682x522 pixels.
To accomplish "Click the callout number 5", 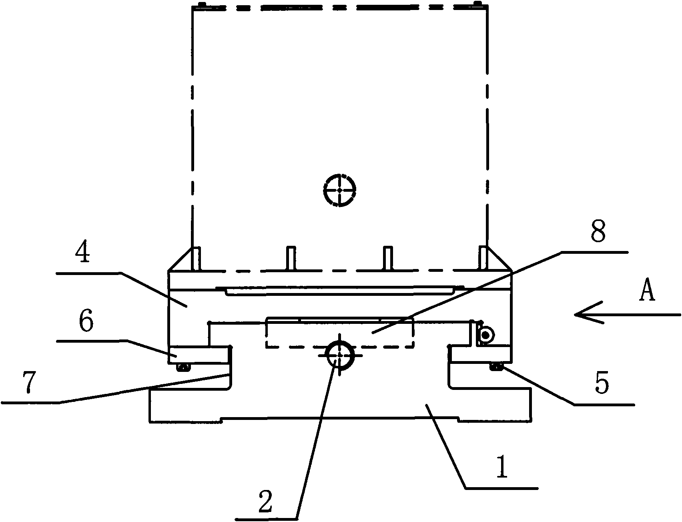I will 602,383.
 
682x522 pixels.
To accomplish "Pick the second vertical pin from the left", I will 291,259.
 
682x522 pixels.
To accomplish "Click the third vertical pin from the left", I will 387,259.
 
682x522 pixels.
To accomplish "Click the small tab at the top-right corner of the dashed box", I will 477,4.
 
